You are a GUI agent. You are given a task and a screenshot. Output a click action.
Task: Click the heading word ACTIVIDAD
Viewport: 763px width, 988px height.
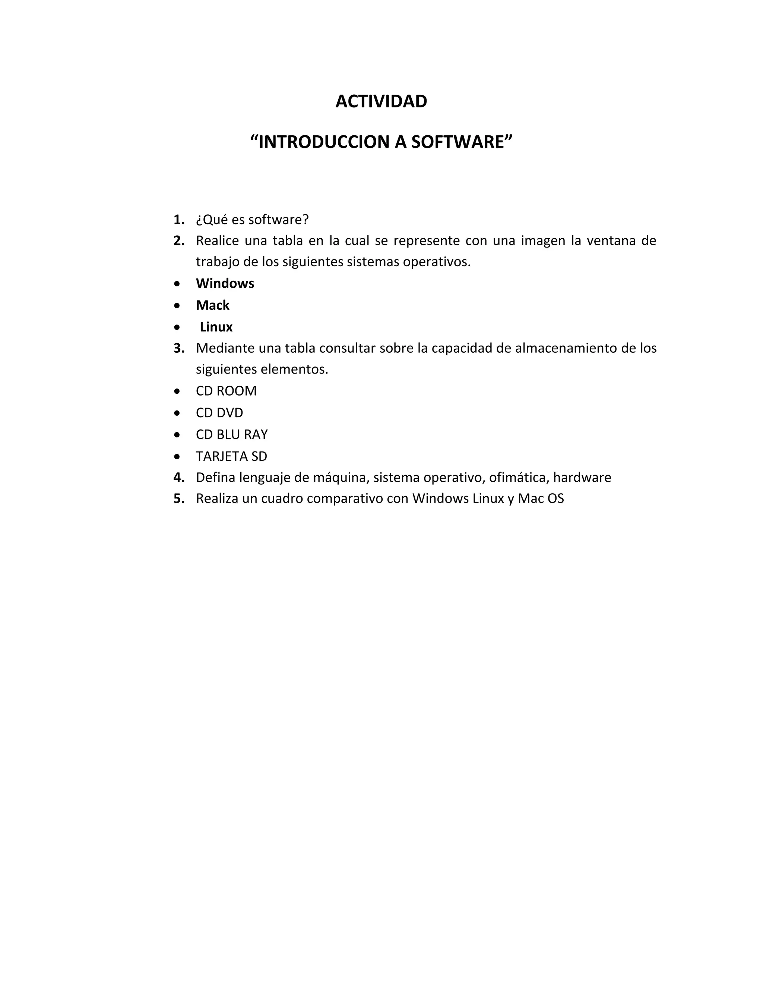[381, 102]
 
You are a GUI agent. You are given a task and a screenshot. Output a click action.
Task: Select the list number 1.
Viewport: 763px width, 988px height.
[178, 220]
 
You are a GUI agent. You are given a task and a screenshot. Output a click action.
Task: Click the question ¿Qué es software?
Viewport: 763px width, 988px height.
[252, 220]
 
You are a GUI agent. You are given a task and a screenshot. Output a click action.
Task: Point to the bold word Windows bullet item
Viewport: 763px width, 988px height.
[225, 284]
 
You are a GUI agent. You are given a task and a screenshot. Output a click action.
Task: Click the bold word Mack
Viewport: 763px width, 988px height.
[212, 305]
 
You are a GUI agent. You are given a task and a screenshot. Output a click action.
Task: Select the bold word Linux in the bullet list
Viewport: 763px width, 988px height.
[216, 327]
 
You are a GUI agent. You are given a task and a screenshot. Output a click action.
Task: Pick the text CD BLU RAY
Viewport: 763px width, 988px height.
[231, 434]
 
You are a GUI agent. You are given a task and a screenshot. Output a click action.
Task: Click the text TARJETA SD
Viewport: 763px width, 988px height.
[231, 456]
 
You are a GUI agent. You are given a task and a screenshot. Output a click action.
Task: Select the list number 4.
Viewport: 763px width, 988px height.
[178, 478]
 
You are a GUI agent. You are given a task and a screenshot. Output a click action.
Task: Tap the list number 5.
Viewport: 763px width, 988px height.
[178, 498]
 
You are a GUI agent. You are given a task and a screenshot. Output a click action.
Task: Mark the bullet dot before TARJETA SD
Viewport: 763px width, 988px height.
[177, 456]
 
